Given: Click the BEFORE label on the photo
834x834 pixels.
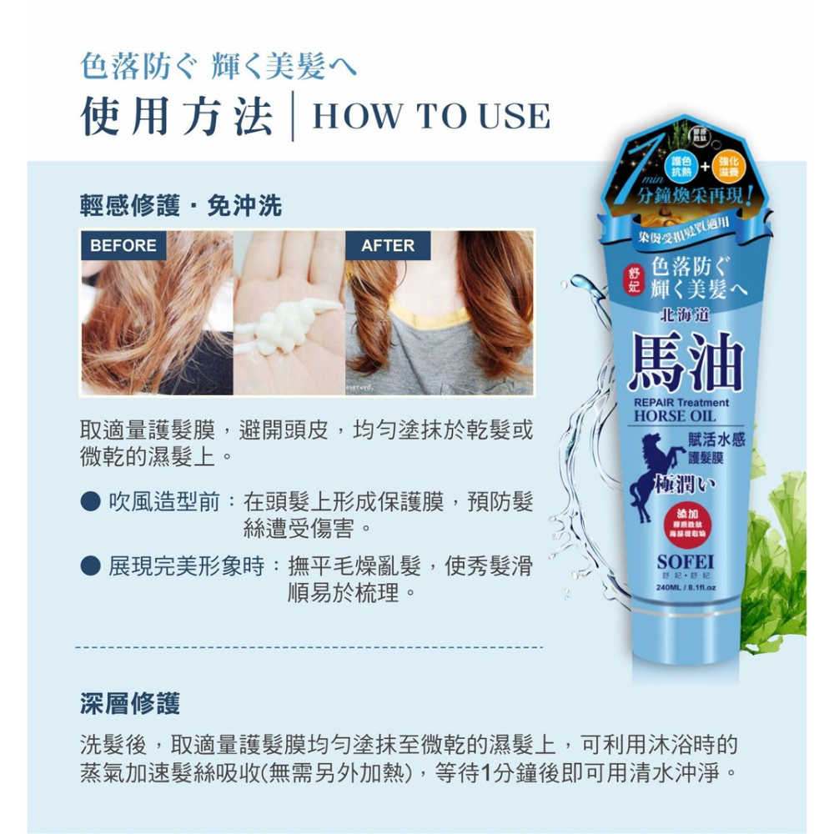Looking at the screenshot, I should [x=123, y=245].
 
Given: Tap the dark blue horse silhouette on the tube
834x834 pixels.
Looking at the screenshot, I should [x=655, y=472].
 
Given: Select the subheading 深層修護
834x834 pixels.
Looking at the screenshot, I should [x=129, y=703].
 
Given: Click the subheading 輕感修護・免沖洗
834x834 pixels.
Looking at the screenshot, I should [x=180, y=206].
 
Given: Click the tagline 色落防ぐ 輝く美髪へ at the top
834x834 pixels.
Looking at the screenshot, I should [x=219, y=66].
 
